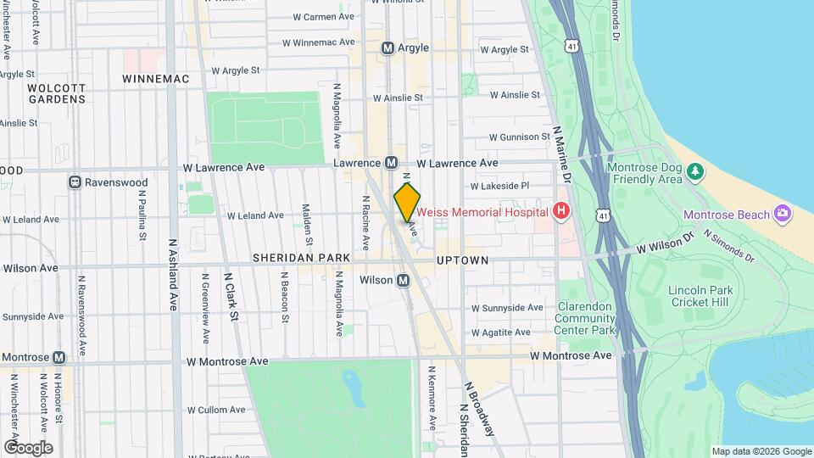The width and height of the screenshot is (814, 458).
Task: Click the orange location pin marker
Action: pos(407,202)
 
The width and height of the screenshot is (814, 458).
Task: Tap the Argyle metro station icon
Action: pos(388,48)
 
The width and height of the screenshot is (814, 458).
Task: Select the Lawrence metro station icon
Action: pos(392,162)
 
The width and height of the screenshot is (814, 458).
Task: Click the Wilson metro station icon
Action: pos(404,280)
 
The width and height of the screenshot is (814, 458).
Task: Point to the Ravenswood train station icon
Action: pos(75,182)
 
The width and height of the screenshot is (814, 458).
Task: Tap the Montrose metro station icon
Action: pos(59,358)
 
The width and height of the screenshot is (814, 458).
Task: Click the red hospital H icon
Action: pos(560,211)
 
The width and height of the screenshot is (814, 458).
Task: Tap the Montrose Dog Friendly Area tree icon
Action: pos(695,172)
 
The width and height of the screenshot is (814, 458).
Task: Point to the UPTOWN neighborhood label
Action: pos(463,260)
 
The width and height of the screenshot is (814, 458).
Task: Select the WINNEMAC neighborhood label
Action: pos(154,78)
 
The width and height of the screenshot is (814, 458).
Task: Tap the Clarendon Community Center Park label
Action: pos(585,318)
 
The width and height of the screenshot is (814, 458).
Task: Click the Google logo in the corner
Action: pos(28,447)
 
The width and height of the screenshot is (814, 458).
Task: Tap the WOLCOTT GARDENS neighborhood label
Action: pos(56,93)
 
